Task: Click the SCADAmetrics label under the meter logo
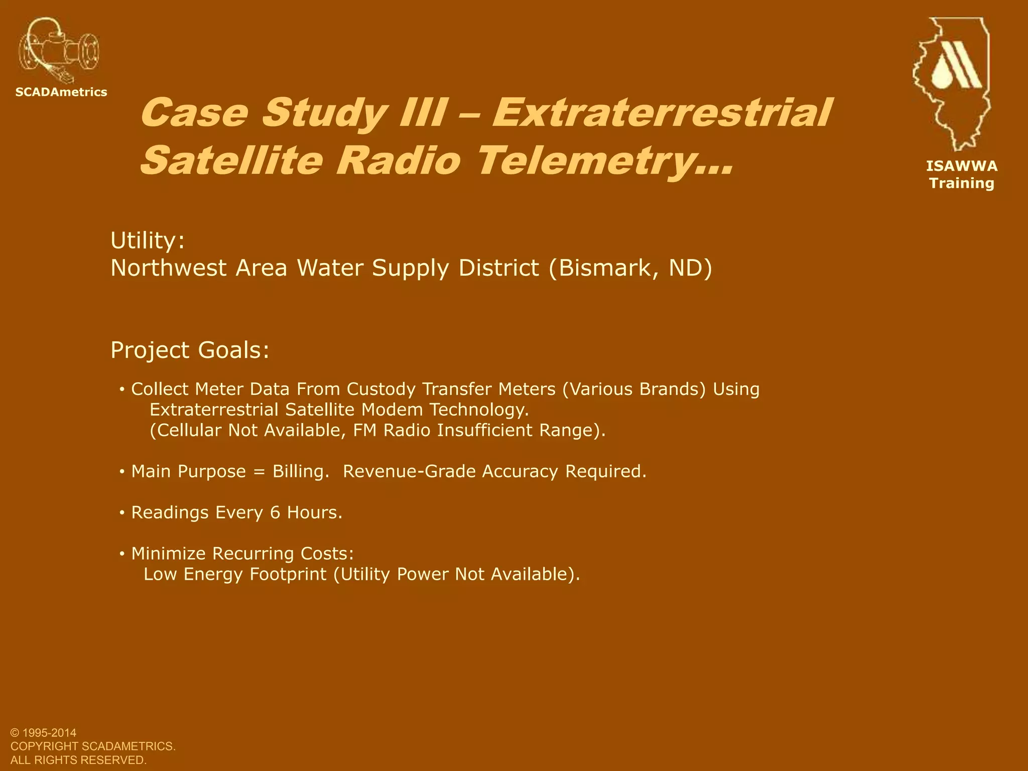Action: point(61,92)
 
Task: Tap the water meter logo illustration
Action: point(58,51)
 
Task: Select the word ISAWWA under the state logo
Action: point(962,166)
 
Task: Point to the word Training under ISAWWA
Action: point(962,183)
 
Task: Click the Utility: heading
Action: point(148,241)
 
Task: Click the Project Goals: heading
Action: point(190,350)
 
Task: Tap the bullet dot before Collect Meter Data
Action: point(122,390)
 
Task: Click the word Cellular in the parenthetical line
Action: point(188,430)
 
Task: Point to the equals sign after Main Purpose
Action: point(259,472)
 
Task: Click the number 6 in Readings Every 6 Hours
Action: point(275,512)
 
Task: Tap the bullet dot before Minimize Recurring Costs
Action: point(122,554)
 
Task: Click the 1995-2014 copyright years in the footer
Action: point(50,733)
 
